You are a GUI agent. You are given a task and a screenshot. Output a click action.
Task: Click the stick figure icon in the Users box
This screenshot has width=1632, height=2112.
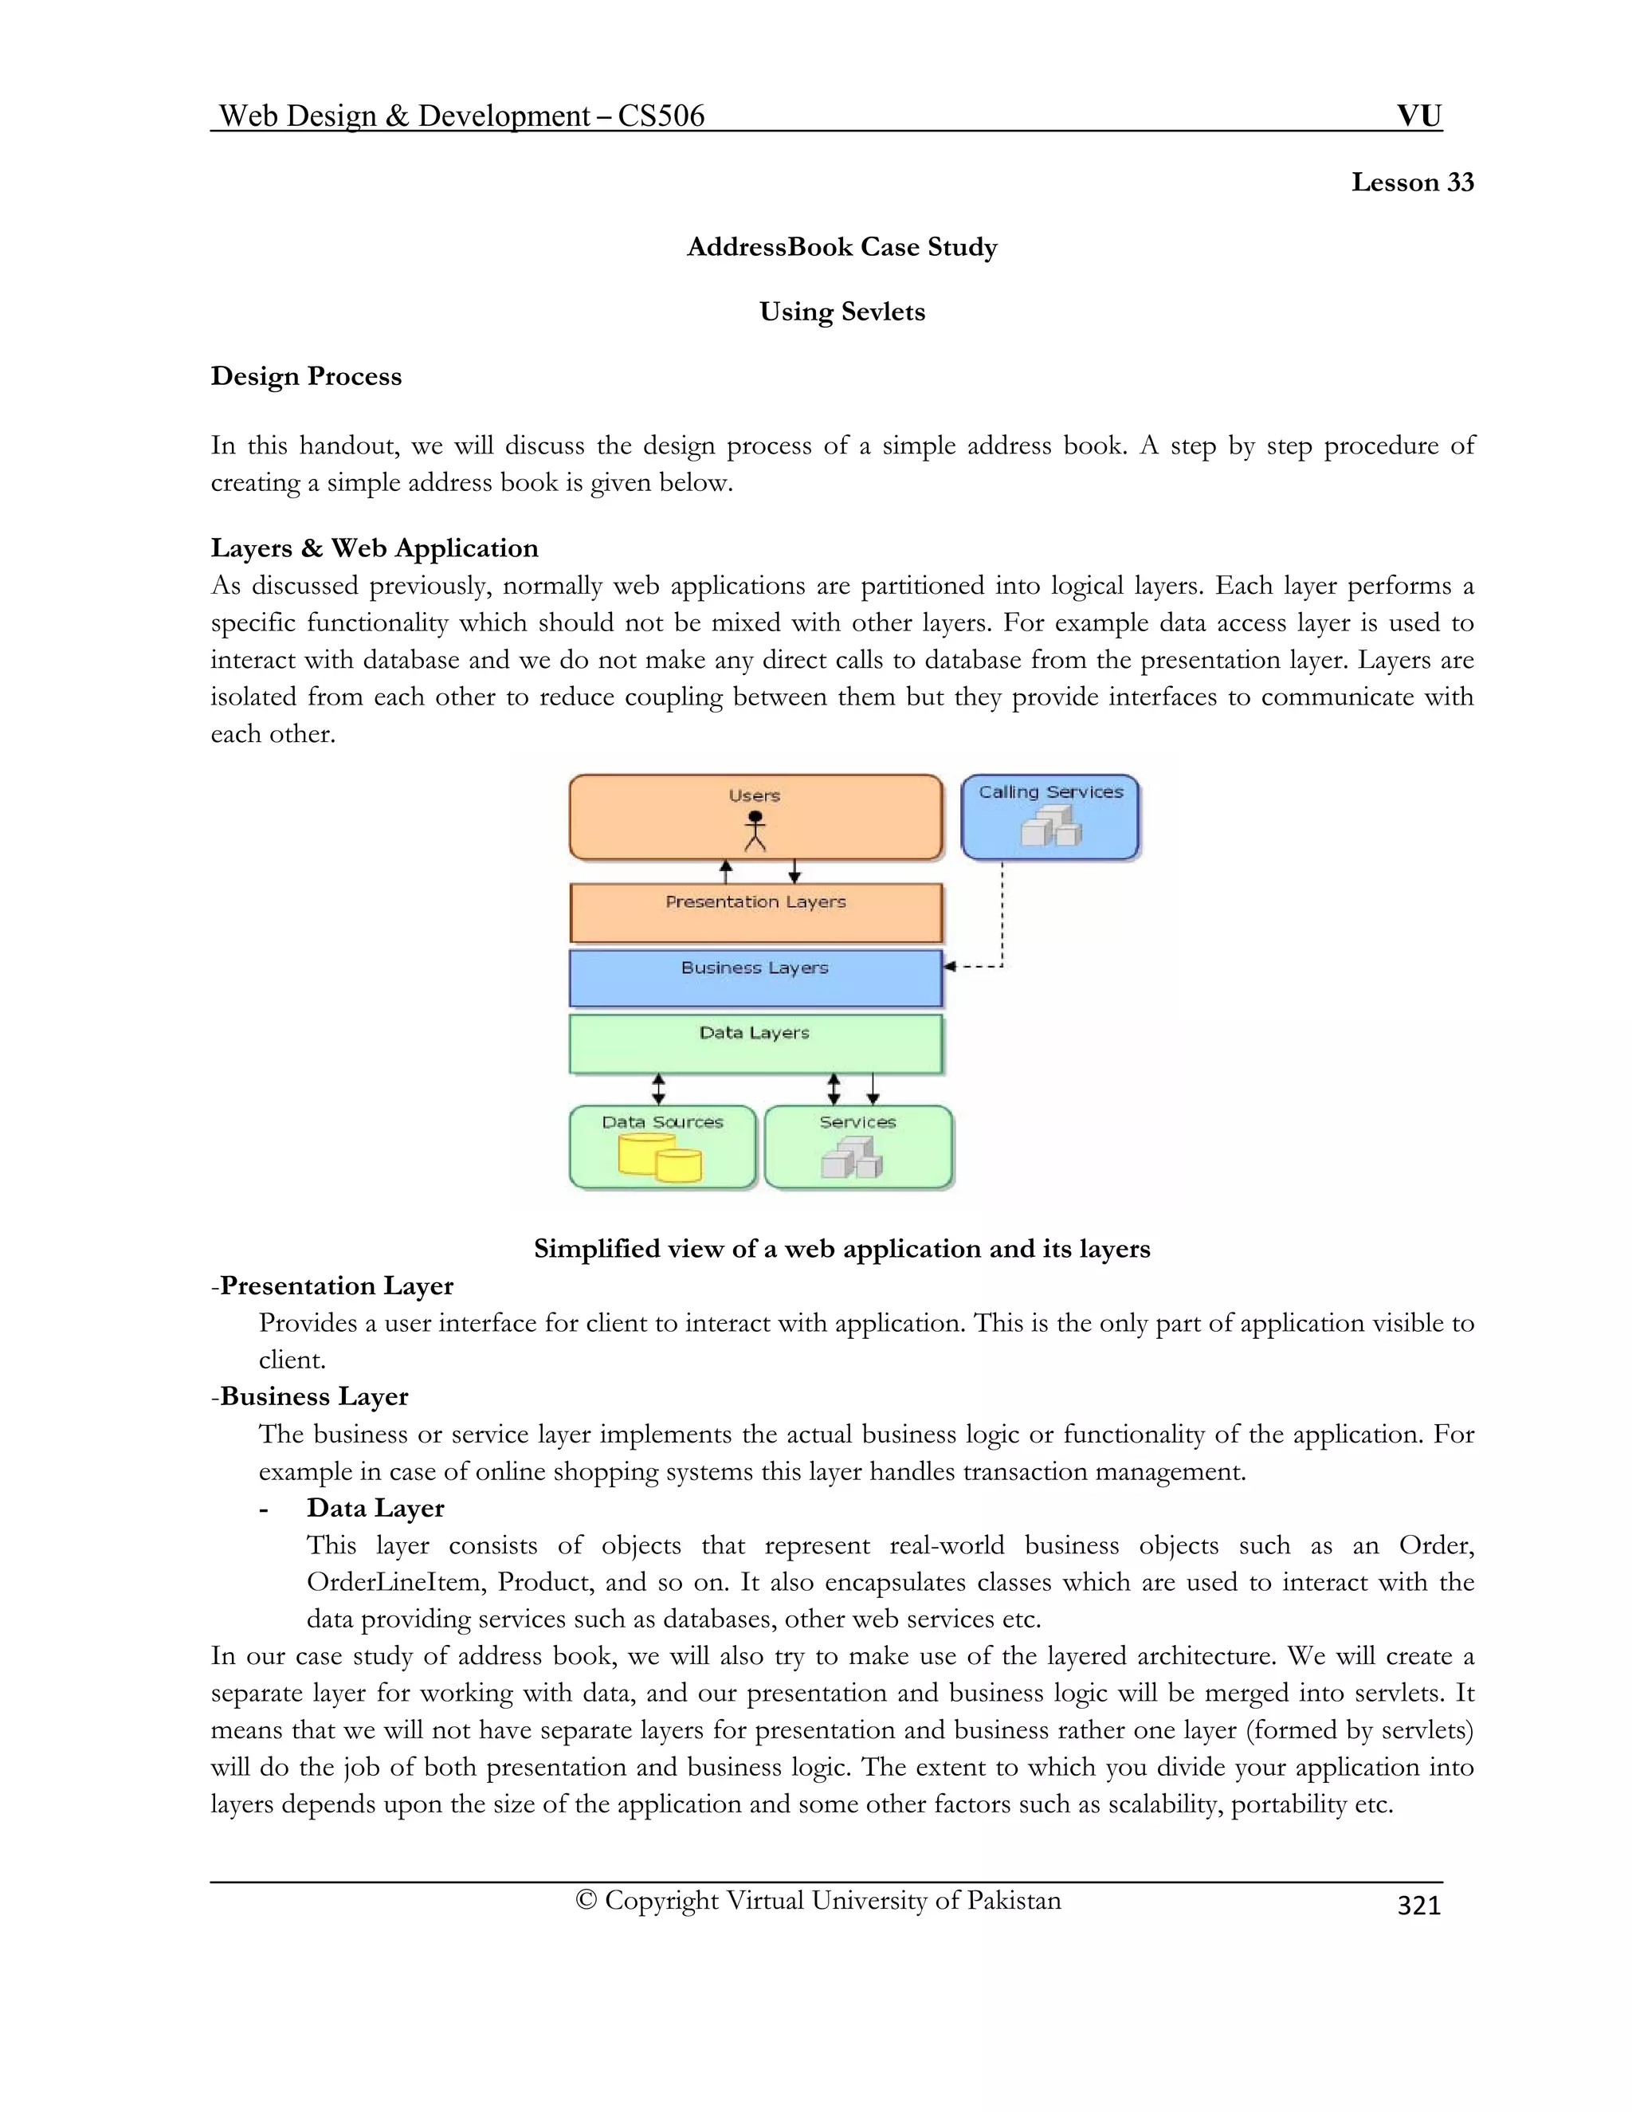coord(755,830)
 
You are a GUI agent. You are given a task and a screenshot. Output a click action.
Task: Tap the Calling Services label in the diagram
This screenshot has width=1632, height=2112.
coord(1050,792)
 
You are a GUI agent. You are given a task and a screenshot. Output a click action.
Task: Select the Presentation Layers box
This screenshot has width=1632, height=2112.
coord(755,913)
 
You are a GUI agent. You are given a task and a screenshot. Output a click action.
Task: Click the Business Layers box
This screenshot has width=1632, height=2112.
coord(755,979)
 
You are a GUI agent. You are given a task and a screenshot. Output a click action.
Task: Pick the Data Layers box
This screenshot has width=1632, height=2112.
coord(755,1043)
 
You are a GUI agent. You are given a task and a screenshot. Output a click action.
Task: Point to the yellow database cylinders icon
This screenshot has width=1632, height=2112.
coord(661,1159)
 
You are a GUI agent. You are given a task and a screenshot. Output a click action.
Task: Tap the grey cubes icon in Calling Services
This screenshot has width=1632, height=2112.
coord(1051,826)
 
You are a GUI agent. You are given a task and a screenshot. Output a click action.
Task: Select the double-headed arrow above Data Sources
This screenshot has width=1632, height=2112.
coord(658,1089)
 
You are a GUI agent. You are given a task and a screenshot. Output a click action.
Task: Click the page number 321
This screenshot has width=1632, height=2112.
coord(1418,1905)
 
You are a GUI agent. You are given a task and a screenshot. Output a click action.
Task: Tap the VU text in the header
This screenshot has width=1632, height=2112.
coord(1418,116)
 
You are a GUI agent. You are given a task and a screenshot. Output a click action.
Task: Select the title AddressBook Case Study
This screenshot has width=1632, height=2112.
coord(841,248)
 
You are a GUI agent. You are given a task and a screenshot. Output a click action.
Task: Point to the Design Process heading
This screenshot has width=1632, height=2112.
coord(305,376)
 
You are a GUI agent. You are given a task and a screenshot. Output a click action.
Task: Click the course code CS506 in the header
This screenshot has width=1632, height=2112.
coord(661,116)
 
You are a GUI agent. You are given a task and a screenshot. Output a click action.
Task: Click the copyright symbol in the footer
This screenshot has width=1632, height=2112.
coord(585,1900)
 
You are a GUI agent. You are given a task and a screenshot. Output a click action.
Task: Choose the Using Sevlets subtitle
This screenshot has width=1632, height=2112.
coord(841,312)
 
